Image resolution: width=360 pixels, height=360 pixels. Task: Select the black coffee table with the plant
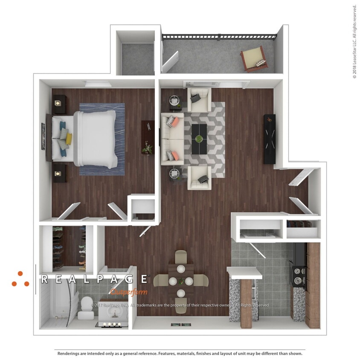[x=199, y=139]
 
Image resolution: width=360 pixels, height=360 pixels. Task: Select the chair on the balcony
[x=254, y=59]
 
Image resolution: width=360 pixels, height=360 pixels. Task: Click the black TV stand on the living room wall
[x=270, y=139]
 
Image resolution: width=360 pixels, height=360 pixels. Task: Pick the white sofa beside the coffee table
[x=172, y=139]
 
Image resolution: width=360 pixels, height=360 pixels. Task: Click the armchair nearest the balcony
[x=199, y=100]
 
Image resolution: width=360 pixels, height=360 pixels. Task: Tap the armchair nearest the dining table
[x=200, y=177]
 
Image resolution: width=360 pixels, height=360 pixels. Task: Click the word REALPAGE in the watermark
[x=94, y=279]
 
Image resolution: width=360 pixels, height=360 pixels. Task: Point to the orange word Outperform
[x=128, y=292]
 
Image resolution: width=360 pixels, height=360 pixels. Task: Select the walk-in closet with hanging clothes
[x=69, y=248]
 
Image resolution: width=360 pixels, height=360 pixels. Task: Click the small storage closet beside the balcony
[x=136, y=58]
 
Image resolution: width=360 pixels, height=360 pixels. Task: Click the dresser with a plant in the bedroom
[x=148, y=137]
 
